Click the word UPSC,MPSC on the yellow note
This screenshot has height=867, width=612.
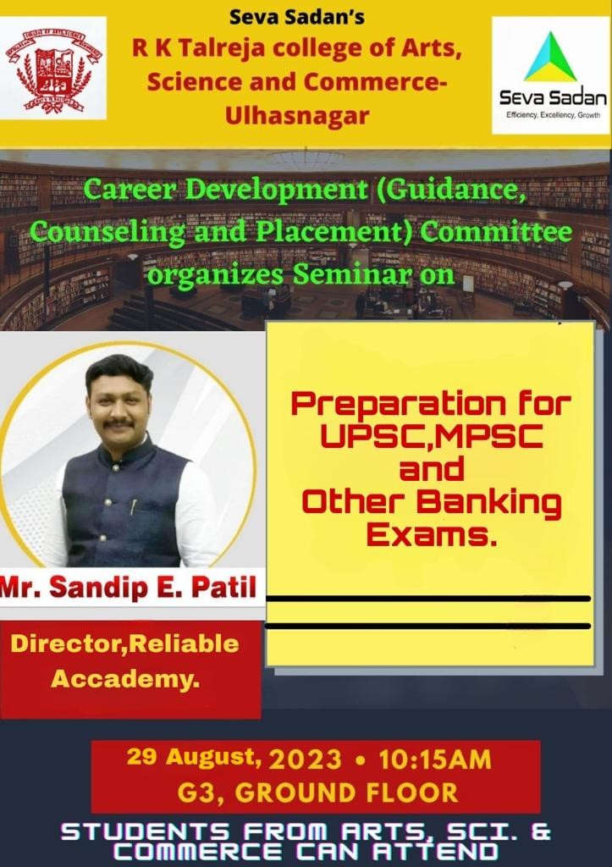point(431,437)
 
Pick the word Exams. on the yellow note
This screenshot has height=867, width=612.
point(431,535)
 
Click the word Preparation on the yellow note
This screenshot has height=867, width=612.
point(398,405)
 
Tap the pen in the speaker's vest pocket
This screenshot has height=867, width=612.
point(133,506)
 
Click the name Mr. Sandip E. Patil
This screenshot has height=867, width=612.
point(129,588)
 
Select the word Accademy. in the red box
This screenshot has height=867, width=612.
point(125,678)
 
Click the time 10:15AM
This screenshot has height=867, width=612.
point(435,759)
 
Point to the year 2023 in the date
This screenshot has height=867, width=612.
point(306,759)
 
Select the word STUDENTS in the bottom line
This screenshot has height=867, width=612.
point(145,832)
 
